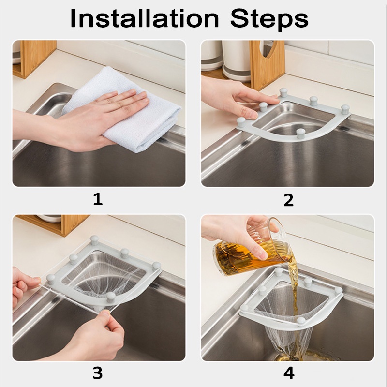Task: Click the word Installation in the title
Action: click(x=145, y=18)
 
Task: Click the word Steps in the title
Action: click(x=269, y=20)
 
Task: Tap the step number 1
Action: click(x=98, y=199)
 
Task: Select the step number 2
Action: click(x=288, y=200)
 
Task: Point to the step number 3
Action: click(x=98, y=373)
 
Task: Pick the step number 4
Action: click(x=289, y=373)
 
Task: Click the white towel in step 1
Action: click(x=123, y=108)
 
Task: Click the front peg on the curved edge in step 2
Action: click(x=300, y=134)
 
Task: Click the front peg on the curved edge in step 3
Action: click(x=111, y=297)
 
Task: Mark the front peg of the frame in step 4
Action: click(x=301, y=320)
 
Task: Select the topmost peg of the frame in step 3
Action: click(x=94, y=240)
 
